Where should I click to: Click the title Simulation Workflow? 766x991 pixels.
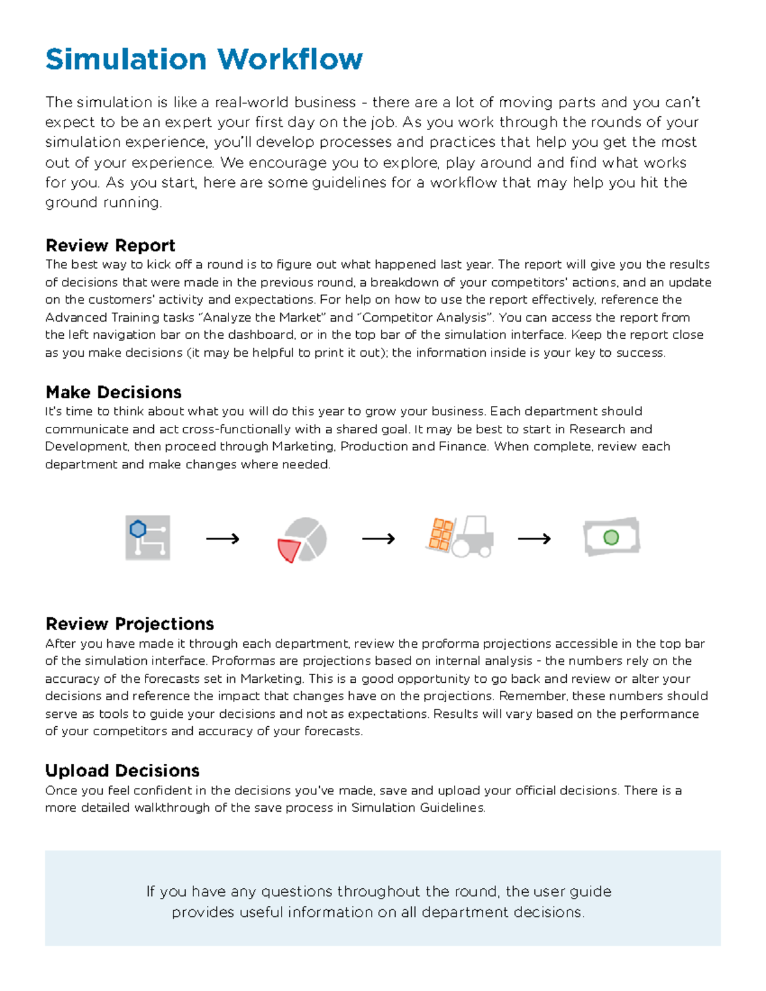point(204,59)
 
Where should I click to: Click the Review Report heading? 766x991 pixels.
point(110,246)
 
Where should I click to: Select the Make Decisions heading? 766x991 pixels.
point(113,392)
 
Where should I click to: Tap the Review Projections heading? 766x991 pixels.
point(130,623)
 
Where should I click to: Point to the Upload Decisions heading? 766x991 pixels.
point(122,770)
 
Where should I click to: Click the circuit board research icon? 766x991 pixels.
point(147,538)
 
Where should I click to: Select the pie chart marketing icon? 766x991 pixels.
point(302,539)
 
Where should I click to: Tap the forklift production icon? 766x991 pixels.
point(460,537)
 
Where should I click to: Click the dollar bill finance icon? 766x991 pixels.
point(612,537)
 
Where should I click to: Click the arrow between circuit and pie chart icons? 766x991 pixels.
point(223,539)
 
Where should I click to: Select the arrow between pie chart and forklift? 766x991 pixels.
point(379,539)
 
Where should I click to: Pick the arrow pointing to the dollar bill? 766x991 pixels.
point(534,539)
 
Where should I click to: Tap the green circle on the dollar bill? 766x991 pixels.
point(611,537)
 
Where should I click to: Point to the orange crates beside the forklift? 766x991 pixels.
point(440,534)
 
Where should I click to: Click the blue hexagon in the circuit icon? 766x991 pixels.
point(138,529)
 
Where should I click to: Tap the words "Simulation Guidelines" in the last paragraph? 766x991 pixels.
point(417,807)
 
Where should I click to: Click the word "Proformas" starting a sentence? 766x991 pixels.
point(240,660)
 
